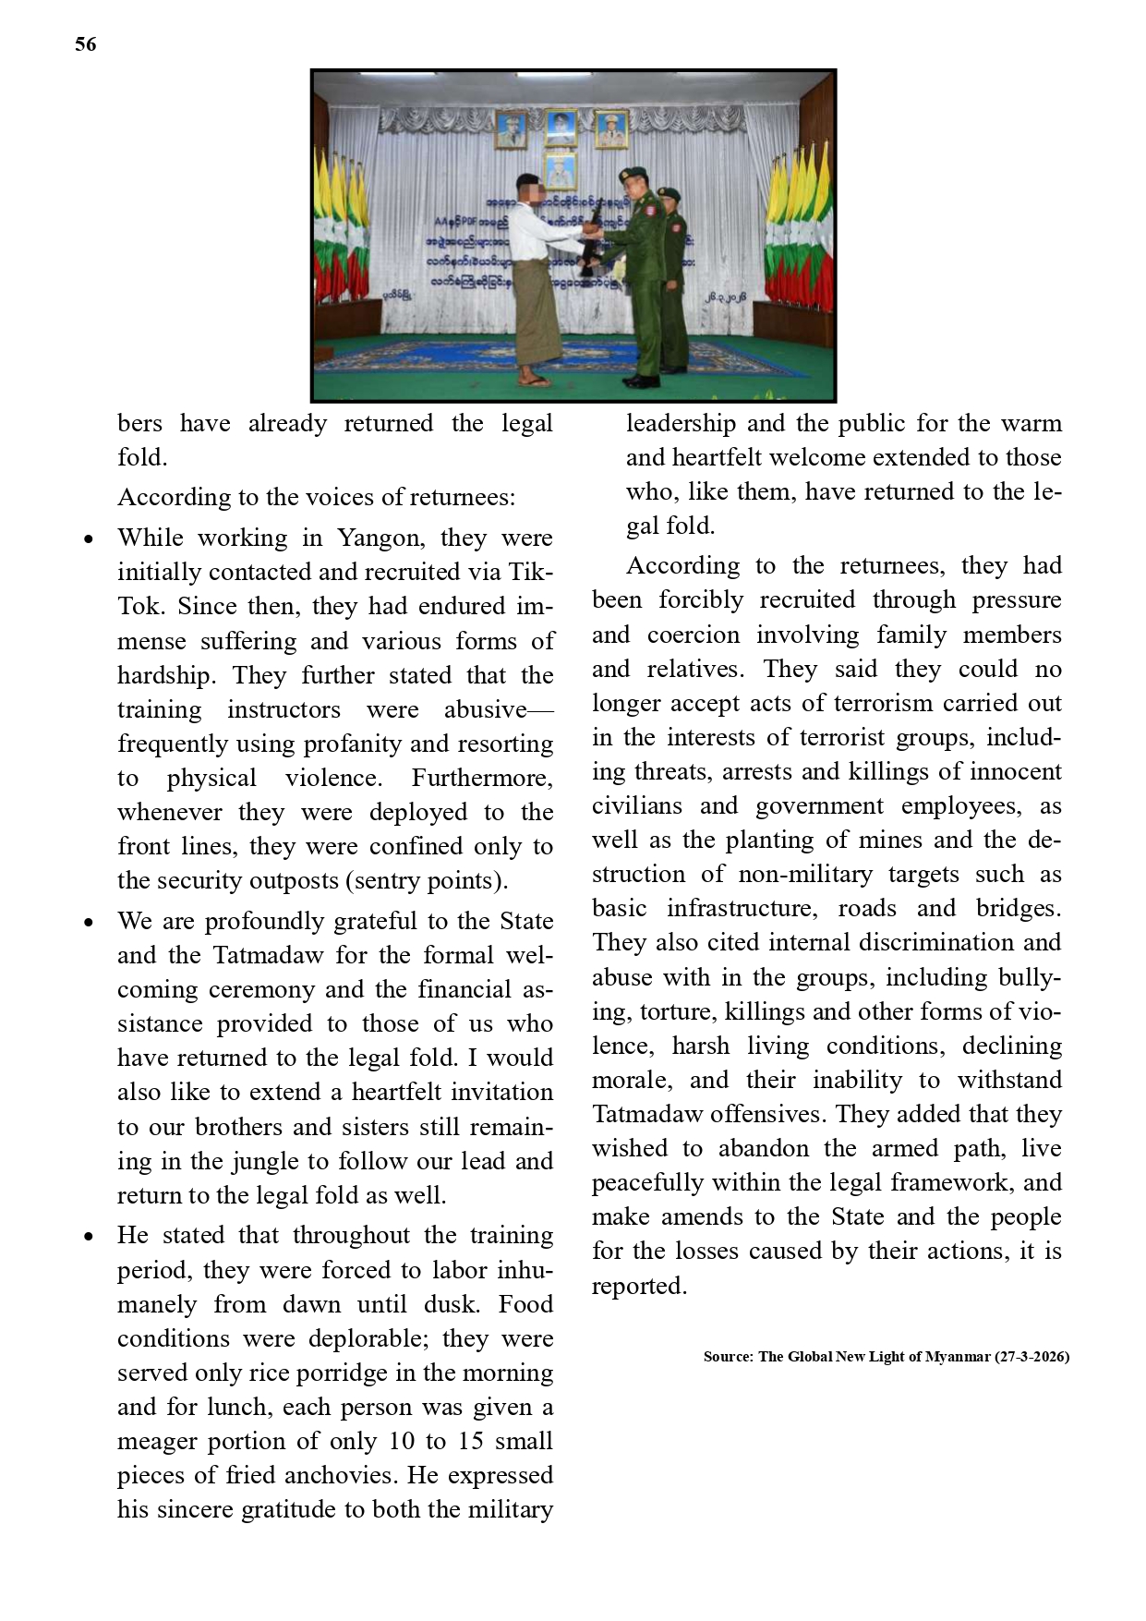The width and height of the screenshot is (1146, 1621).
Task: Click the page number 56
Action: pos(85,44)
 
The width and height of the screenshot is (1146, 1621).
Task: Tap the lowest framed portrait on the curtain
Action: pos(561,172)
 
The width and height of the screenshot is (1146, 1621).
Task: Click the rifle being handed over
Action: pos(589,244)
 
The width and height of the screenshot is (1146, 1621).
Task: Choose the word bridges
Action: pos(1018,908)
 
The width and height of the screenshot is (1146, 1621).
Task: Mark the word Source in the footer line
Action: pos(727,1357)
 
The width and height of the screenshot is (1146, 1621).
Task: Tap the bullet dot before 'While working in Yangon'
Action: pos(89,539)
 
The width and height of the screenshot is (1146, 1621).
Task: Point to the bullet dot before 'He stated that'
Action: pos(89,1237)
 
